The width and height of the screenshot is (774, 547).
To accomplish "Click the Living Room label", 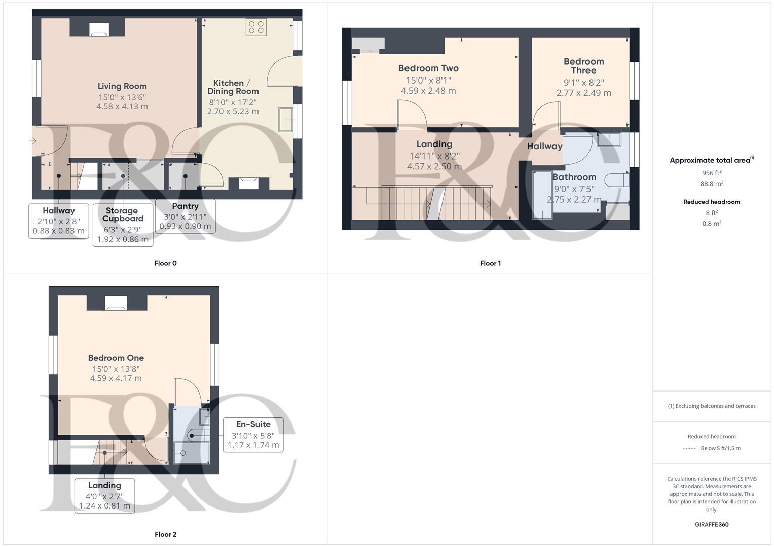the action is point(122,86).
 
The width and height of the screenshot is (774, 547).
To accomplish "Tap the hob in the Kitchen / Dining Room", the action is point(256,27).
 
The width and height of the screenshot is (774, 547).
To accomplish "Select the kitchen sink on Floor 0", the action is point(286,120).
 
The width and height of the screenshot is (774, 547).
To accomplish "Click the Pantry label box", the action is point(185,216).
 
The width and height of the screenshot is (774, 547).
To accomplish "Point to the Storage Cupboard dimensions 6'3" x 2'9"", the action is point(123,229).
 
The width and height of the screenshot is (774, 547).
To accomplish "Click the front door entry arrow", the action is point(33,141).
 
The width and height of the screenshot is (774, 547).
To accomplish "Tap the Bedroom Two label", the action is point(428,68).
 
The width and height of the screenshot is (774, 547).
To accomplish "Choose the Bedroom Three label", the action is point(583,66).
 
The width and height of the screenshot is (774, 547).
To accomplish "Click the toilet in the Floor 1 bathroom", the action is point(617,180).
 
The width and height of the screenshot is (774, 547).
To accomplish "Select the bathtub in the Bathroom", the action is point(542,195).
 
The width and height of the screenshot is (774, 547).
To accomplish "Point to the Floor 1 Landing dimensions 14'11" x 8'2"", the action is point(434,156).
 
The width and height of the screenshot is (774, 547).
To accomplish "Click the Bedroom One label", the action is point(116,358).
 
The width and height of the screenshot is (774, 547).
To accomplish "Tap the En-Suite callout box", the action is point(253,435).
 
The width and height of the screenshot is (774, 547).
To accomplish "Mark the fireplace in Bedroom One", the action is point(116,303).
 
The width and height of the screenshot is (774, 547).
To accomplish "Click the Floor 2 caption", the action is point(166,534).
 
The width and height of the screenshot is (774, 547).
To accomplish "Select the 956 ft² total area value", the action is point(712,173).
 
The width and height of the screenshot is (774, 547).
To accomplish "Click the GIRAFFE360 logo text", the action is point(712,525).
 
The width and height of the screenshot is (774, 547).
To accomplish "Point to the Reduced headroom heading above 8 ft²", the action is point(712,202).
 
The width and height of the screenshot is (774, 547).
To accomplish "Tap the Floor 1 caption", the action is point(490,263).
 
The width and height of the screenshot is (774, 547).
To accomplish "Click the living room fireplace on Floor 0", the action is point(99,30).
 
